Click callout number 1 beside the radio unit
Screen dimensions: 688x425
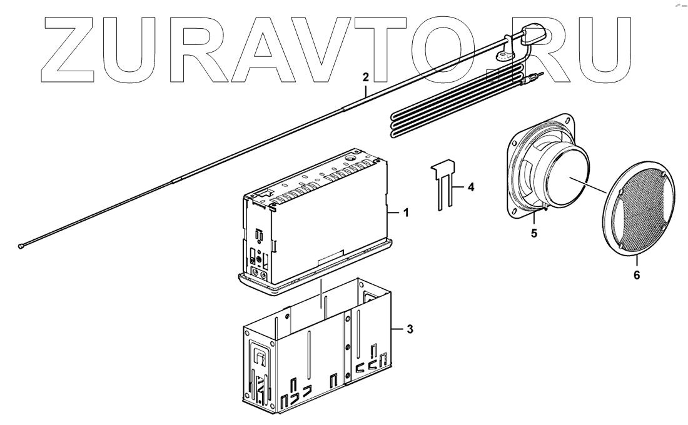[x=405, y=213]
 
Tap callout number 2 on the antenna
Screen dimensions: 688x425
[x=366, y=77]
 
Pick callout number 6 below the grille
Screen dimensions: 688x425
[x=636, y=274]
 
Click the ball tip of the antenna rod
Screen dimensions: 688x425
[x=22, y=247]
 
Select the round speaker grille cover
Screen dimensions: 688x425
[x=632, y=212]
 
